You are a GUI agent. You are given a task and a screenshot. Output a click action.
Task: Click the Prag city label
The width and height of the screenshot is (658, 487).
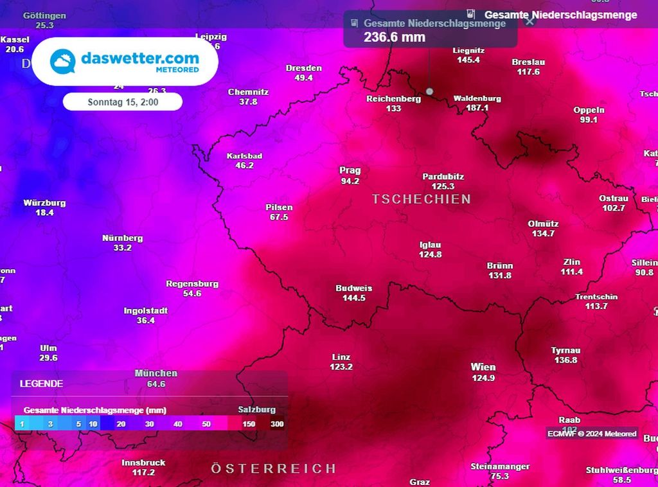coord(350,170)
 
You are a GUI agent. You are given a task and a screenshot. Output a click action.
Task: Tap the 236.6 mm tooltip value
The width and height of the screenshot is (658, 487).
coord(395,37)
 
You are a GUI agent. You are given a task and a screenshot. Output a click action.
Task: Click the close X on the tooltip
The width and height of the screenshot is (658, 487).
coord(529,21)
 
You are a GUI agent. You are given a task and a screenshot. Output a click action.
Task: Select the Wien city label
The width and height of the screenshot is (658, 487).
coord(483,367)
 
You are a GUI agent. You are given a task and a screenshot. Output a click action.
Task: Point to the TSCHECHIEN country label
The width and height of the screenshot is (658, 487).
coord(421,199)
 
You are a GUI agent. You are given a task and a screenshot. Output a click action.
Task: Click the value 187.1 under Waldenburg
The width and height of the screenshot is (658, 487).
coord(477,108)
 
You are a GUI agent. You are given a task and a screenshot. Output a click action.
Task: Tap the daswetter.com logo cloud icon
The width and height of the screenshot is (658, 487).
coord(64,62)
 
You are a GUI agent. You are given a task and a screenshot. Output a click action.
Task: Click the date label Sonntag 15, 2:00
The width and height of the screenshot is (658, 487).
coord(123,102)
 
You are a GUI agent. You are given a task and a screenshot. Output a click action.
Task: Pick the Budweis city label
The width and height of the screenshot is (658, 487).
coord(353,288)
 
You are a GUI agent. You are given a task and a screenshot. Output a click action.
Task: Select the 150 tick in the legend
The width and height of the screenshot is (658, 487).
coord(249,424)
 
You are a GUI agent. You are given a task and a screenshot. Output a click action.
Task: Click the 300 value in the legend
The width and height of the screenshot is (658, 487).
coord(277,424)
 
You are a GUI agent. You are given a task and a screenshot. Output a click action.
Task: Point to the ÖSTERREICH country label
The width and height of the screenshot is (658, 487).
coord(273,468)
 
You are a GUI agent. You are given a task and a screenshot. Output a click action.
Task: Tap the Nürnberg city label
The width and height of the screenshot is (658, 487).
coord(122,238)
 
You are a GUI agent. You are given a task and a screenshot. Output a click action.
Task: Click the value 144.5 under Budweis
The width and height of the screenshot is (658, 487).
coord(353,297)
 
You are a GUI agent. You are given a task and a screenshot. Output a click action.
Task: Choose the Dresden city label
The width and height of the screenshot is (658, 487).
coord(303,68)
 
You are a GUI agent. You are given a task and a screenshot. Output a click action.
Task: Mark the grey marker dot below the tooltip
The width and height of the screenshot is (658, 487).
coord(429,91)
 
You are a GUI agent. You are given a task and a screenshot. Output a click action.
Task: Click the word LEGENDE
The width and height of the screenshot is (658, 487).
coord(41,384)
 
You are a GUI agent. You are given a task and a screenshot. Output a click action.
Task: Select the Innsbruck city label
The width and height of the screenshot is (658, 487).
coord(143,463)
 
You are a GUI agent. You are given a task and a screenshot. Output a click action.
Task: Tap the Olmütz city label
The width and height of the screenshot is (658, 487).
coord(543,224)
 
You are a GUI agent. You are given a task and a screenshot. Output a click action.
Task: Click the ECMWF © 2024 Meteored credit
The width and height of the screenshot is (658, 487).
coord(592,434)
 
